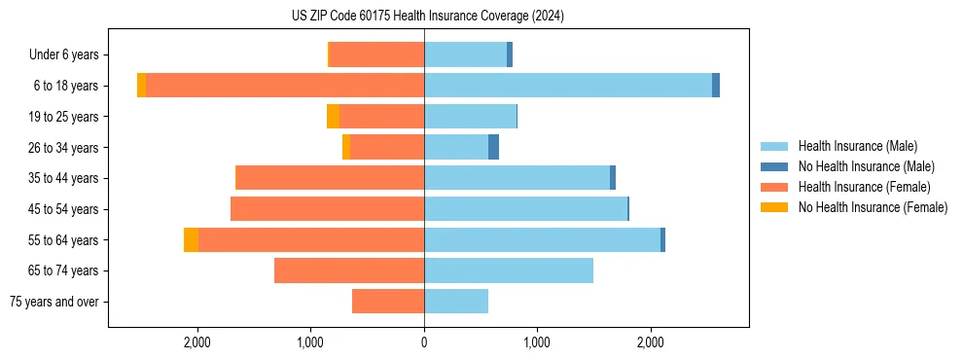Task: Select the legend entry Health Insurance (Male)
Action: point(857,146)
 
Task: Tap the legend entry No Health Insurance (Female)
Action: point(873,207)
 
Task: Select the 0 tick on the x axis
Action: point(424,342)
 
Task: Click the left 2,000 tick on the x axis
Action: point(197,342)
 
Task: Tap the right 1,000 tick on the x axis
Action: point(537,342)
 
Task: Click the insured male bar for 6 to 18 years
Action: point(568,86)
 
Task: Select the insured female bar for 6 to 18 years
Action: point(285,86)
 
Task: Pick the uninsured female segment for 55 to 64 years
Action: point(191,239)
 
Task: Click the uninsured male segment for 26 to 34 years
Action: point(493,147)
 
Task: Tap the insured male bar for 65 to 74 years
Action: point(509,270)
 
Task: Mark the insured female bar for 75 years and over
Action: point(388,302)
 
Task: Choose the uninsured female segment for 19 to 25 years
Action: point(333,117)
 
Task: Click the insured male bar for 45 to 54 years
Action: point(525,209)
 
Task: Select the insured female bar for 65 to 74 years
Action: point(349,270)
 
